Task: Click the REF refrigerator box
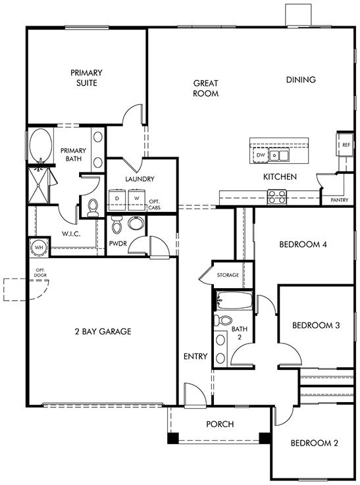[346, 145]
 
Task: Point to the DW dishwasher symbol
[261, 155]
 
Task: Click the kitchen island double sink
[281, 155]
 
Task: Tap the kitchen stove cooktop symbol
[276, 195]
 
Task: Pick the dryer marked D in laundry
[117, 198]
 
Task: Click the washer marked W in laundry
[138, 198]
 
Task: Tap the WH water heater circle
[38, 247]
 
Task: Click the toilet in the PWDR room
[117, 226]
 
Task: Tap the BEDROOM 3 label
[315, 325]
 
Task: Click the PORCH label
[220, 424]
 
